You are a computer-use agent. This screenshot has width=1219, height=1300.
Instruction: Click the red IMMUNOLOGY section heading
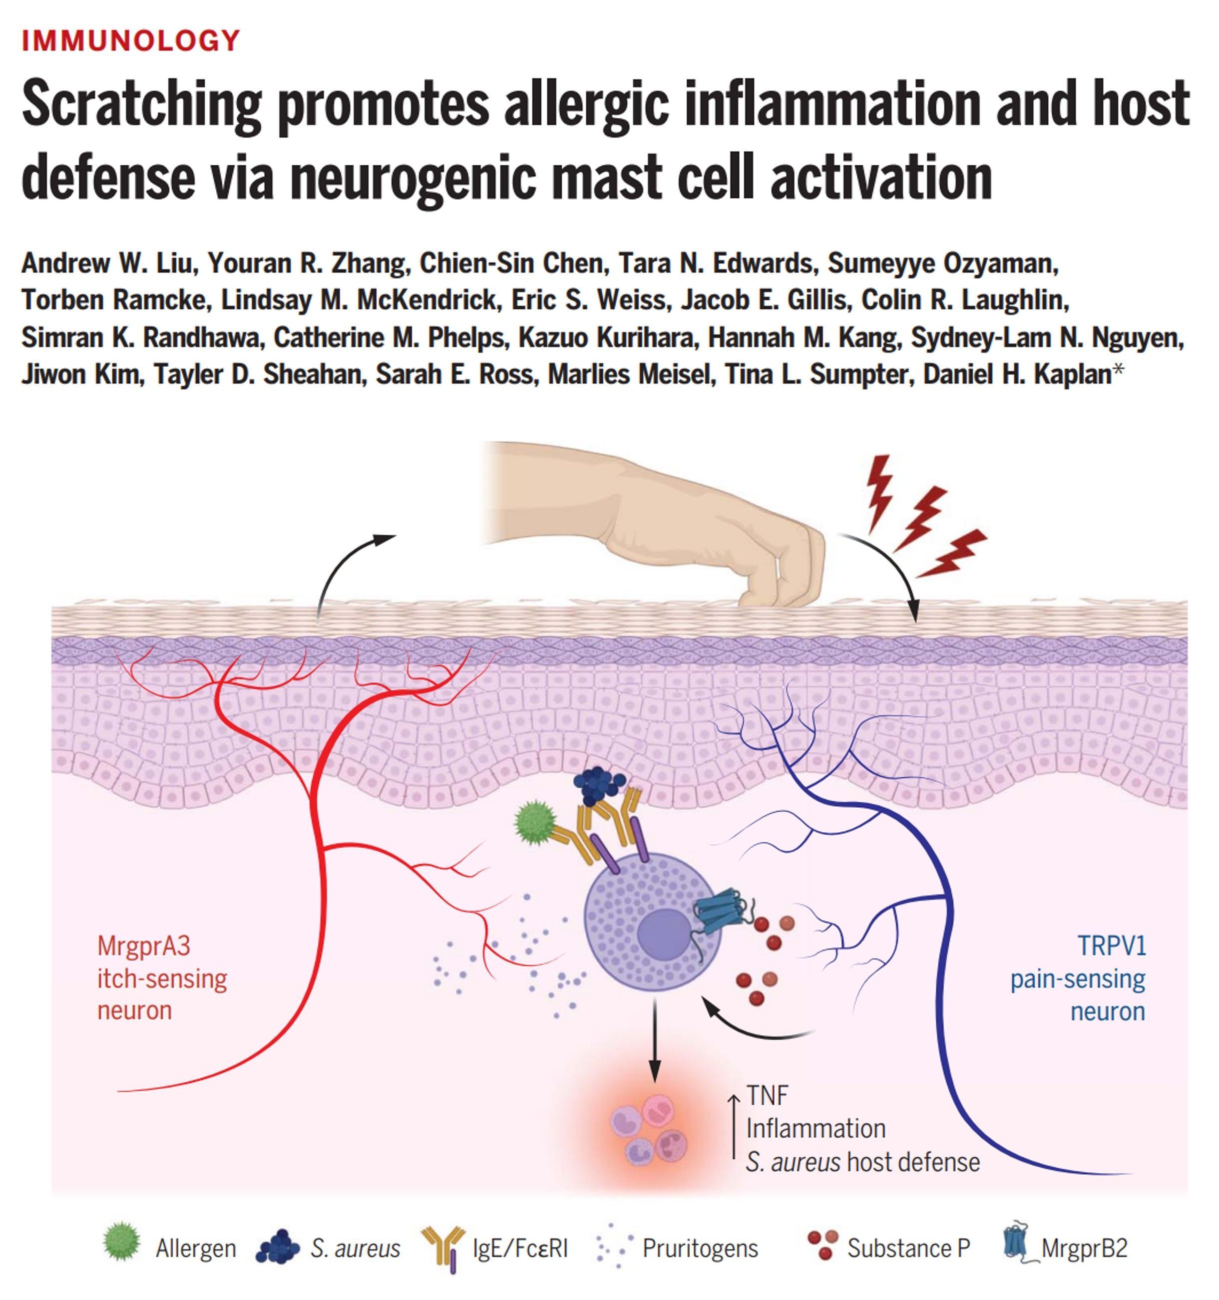tap(131, 40)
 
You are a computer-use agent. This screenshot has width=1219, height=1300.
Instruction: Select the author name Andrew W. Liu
tap(108, 263)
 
